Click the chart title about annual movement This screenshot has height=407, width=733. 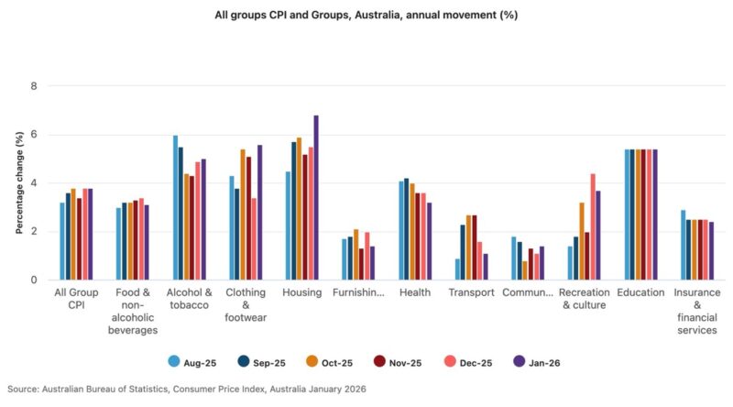[366, 15]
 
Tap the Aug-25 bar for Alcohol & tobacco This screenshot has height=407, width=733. [175, 208]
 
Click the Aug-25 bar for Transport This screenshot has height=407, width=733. [457, 269]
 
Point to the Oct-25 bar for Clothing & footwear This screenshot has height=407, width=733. [243, 214]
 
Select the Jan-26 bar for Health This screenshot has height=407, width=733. [428, 241]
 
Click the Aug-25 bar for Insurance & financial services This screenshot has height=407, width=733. [683, 245]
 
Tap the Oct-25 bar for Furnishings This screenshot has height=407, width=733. [356, 255]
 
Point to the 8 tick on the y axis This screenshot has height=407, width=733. [34, 86]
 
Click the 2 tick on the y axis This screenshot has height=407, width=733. [34, 232]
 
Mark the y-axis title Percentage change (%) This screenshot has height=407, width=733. [18, 182]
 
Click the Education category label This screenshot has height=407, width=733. [641, 292]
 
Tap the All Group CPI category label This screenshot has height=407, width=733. [76, 299]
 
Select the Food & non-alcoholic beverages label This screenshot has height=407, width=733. [132, 311]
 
